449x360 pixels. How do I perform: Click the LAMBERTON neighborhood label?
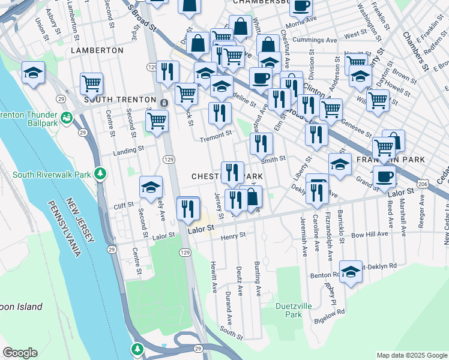(x=97, y=50)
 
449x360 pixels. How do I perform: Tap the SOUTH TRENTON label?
(x=116, y=99)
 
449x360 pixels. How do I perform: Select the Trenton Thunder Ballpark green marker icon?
(x=65, y=116)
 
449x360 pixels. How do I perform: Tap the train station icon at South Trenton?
(x=163, y=103)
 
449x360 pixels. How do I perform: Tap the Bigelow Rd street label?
(x=332, y=312)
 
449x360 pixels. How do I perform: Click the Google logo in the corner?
(x=20, y=353)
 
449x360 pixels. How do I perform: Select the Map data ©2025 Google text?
(x=411, y=355)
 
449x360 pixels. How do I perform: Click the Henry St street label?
(x=234, y=236)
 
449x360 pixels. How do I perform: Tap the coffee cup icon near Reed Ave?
(x=384, y=176)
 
